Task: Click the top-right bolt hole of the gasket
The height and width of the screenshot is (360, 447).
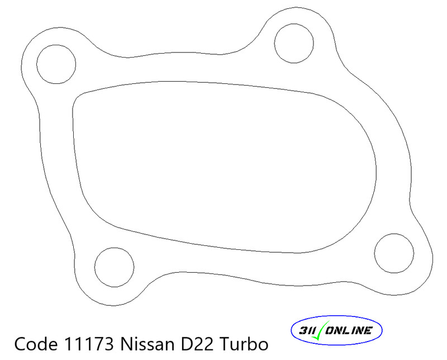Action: point(294,41)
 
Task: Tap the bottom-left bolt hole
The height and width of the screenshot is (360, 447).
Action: point(115,267)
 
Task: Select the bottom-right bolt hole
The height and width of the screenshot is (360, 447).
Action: point(393,254)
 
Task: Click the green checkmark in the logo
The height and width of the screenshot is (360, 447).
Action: point(321,330)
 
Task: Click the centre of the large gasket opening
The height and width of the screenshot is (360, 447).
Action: point(223,162)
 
